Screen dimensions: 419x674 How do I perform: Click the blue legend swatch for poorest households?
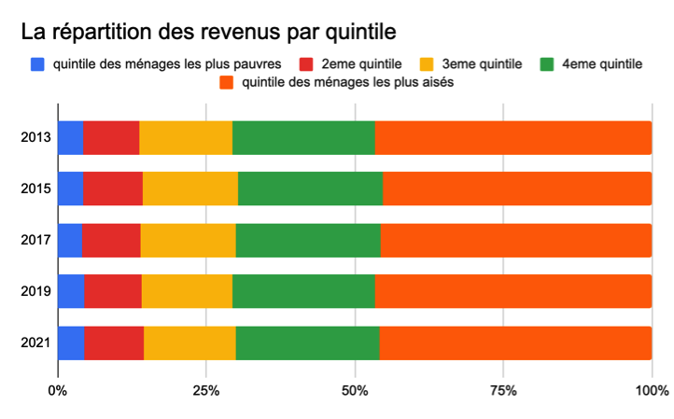38,64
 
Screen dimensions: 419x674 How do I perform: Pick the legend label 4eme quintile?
602,64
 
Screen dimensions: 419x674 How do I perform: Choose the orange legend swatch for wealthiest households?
226,82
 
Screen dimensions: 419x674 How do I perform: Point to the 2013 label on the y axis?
35,138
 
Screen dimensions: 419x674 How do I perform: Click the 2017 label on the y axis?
35,241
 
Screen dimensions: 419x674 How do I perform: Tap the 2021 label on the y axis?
35,343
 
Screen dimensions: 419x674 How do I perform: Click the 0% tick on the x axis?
58,389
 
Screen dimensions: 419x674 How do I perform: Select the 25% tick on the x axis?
206,389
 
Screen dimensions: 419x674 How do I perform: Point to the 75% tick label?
503,389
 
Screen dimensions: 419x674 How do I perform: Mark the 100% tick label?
651,389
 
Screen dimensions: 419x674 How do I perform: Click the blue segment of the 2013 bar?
70,138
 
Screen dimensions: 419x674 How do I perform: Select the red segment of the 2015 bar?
113,189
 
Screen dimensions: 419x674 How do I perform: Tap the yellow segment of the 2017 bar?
188,241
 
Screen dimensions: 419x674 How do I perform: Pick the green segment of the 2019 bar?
303,292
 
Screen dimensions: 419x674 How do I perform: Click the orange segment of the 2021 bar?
515,343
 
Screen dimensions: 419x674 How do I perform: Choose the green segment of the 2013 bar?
303,138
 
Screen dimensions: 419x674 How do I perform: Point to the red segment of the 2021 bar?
114,343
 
